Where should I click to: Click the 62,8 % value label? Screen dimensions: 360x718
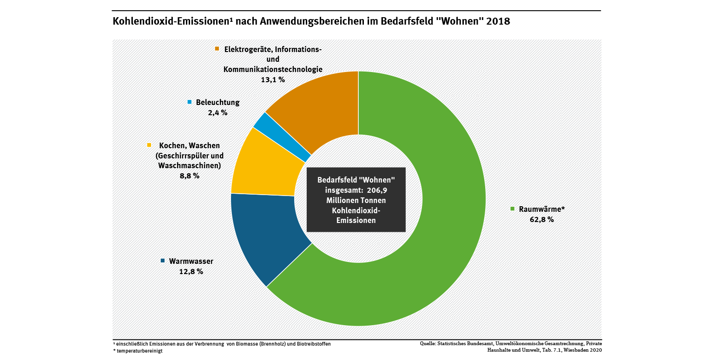point(541,219)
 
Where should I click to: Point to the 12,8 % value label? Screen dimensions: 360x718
point(191,271)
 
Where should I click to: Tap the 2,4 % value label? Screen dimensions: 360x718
point(217,112)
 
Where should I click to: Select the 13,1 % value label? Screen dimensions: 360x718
point(273,79)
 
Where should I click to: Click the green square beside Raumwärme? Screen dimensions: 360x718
point(513,209)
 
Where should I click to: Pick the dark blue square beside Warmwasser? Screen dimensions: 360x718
point(163,261)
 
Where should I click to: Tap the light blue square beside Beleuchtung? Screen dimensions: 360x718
point(190,102)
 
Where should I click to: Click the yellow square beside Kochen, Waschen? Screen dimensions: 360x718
point(150,145)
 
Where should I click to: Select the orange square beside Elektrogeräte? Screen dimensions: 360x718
point(217,49)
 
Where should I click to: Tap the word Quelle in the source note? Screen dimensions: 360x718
point(428,344)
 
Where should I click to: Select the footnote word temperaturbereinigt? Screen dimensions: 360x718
point(139,351)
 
